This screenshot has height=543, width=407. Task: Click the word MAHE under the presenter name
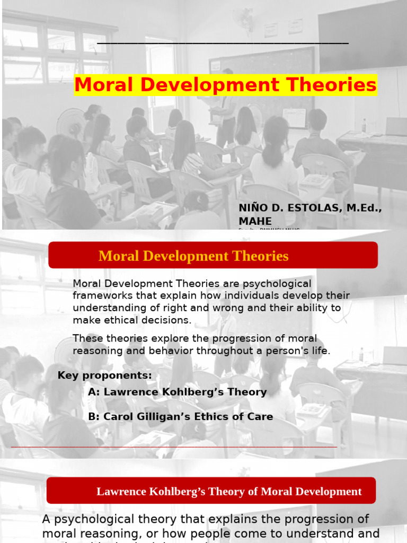255,221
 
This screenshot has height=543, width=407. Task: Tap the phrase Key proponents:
105,375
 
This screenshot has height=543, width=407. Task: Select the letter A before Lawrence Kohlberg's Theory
94,392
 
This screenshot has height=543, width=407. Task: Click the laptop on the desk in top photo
395,126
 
